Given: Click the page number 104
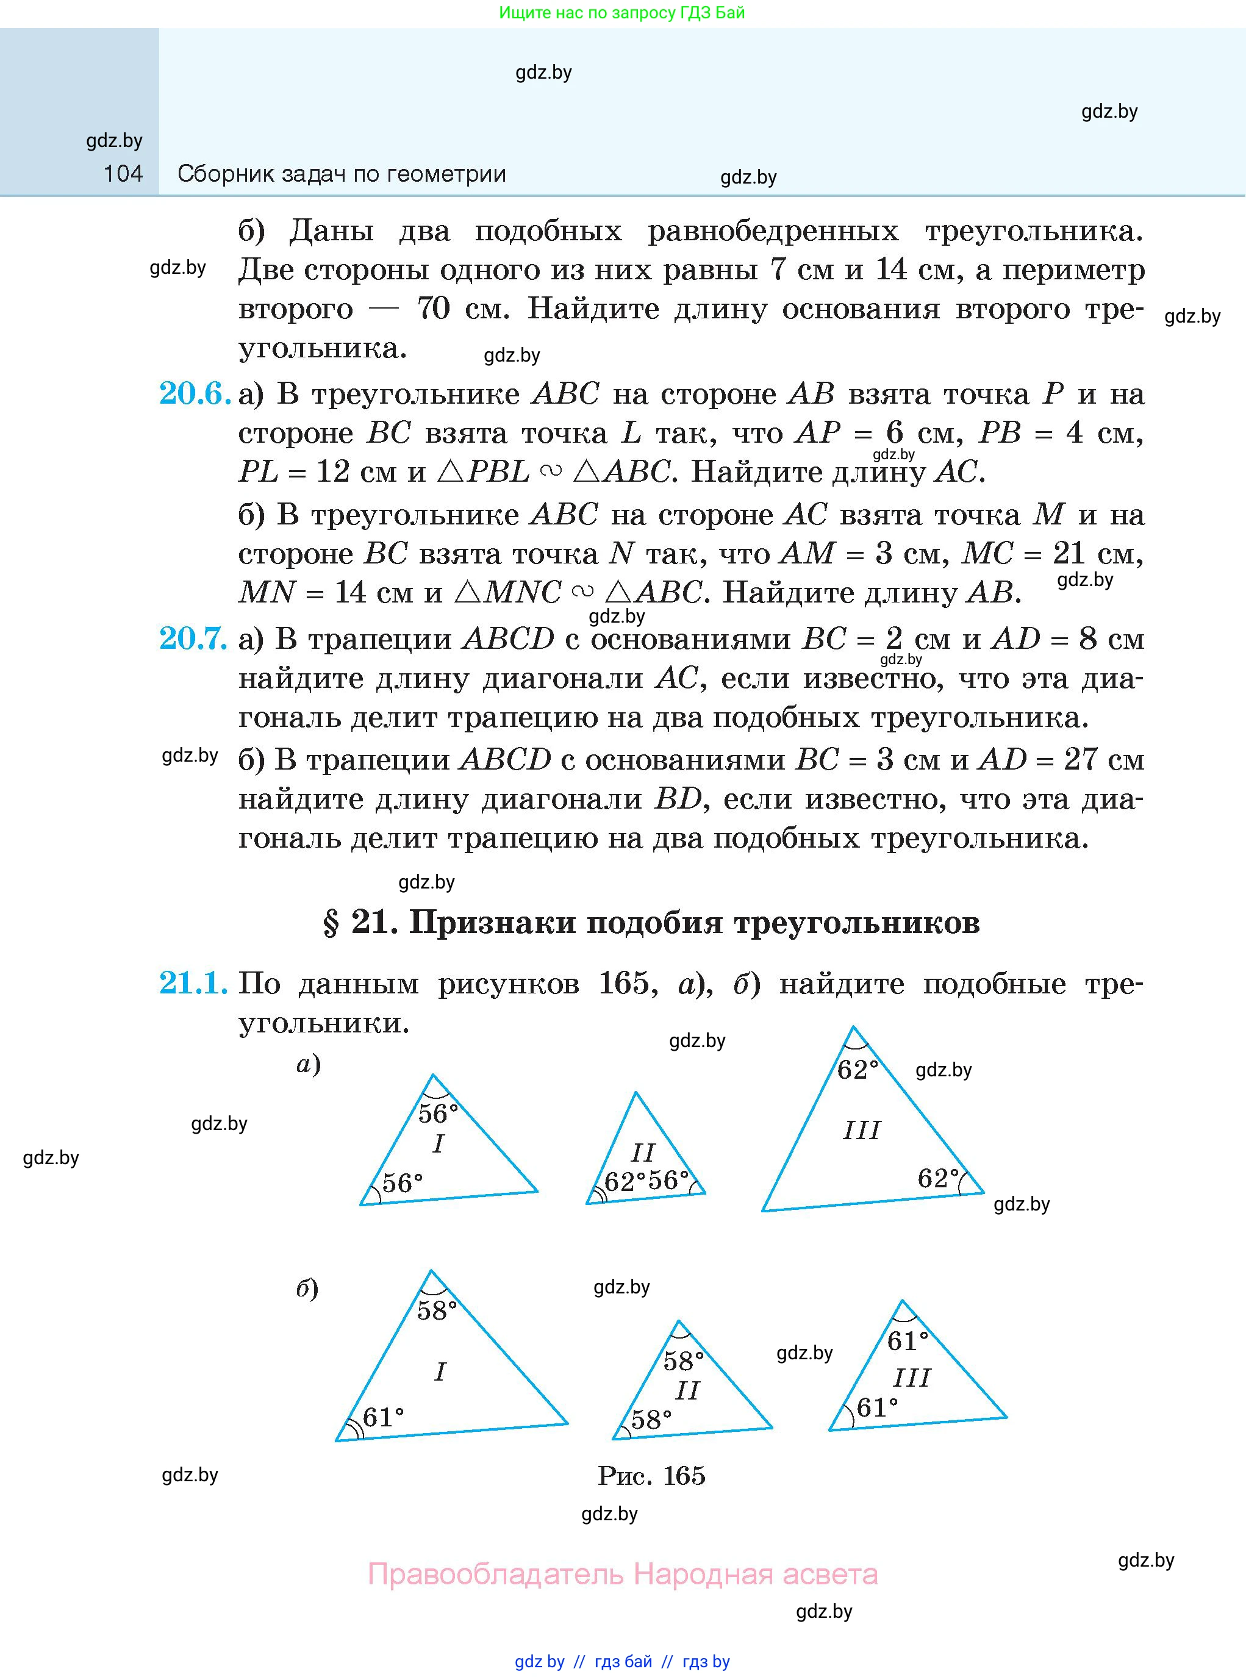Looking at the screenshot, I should [x=123, y=174].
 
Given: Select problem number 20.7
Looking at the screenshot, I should [x=193, y=638].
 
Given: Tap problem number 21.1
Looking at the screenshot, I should [x=193, y=983].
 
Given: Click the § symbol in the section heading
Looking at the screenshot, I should [x=331, y=923].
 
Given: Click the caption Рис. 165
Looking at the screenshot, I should [x=651, y=1476].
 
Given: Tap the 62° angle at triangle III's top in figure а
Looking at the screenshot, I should [x=858, y=1068].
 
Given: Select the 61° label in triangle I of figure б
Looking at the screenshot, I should [x=383, y=1418].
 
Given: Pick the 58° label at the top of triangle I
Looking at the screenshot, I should [x=437, y=1310].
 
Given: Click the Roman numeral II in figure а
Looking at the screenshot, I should [x=643, y=1152].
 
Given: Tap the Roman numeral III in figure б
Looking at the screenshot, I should [x=911, y=1378].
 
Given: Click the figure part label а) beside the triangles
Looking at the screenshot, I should [x=309, y=1064].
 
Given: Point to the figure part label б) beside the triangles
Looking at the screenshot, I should [x=307, y=1289].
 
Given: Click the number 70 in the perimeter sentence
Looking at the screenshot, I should [x=434, y=309].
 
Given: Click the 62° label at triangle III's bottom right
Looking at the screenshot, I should [x=938, y=1177].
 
